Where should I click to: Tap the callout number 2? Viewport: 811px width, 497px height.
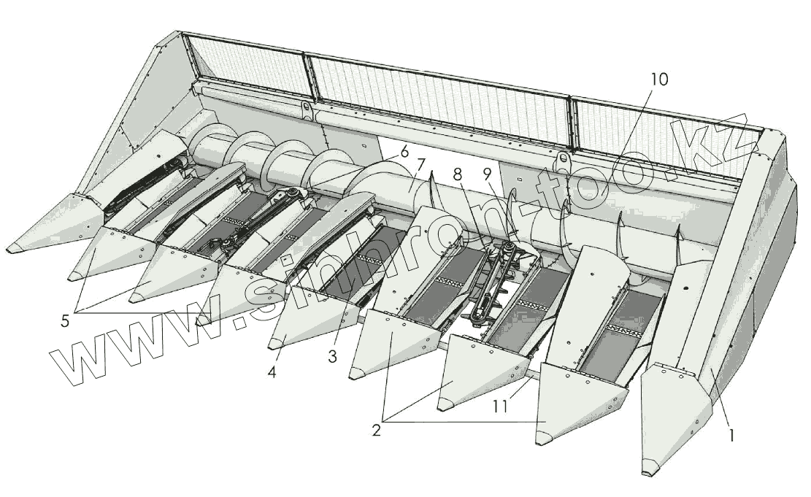point(377,429)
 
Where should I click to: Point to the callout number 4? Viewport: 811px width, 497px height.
point(272,371)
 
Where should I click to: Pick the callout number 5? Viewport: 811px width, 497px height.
point(66,320)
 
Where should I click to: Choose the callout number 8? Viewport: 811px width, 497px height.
point(458,174)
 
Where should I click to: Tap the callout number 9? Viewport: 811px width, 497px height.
point(487,176)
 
